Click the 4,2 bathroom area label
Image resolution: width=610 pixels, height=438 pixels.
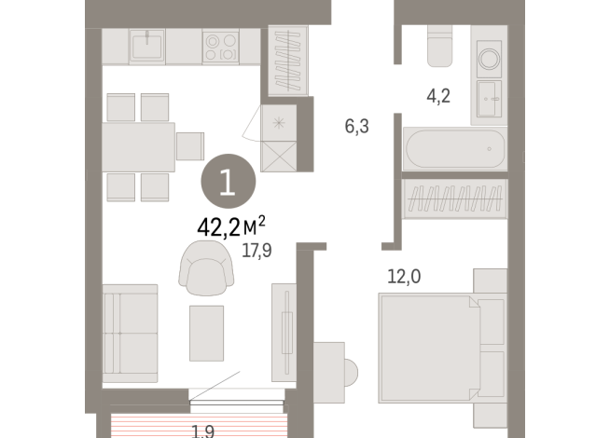[x=438, y=95]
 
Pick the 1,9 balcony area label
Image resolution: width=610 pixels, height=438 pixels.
[x=204, y=431]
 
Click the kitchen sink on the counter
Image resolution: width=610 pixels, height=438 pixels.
[x=149, y=46]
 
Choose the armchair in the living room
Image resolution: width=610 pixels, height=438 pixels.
[x=205, y=265]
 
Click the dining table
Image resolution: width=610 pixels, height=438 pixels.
[x=139, y=146]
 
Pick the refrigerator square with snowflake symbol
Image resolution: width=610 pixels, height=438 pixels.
[x=279, y=121]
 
